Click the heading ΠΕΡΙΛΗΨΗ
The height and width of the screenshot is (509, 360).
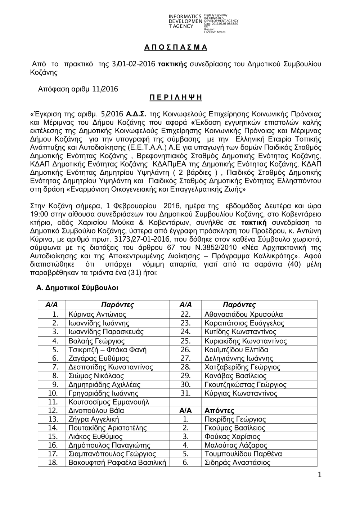click(175, 98)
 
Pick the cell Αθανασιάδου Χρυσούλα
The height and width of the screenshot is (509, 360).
click(243, 314)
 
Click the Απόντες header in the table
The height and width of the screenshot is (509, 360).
click(219, 411)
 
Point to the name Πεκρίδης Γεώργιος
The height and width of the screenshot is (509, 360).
click(235, 419)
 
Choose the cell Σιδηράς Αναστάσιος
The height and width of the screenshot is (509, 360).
click(237, 463)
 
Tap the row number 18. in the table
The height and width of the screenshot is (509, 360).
click(53, 463)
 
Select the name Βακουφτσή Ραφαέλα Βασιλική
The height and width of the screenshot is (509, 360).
click(117, 463)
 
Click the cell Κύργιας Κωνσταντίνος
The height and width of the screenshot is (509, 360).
click(241, 393)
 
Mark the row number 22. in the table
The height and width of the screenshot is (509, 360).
click(185, 314)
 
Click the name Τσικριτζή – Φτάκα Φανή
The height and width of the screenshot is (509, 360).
click(107, 349)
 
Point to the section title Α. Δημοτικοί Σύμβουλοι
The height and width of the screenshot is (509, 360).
click(77, 288)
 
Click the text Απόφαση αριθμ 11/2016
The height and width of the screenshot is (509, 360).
click(78, 89)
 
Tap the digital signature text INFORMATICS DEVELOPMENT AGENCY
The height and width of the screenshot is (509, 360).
click(185, 22)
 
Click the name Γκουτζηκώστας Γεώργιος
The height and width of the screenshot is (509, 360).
click(246, 384)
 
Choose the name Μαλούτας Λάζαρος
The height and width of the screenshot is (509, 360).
click(235, 446)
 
